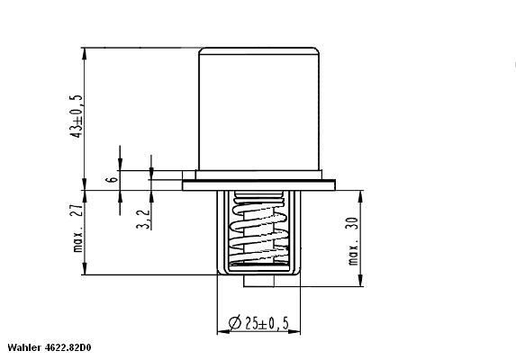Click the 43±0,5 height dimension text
click(79, 115)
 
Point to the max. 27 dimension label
click(79, 231)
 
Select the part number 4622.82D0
click(73, 347)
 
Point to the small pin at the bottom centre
click(258, 279)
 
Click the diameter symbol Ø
click(232, 322)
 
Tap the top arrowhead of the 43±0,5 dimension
click(84, 52)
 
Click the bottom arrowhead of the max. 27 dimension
click(84, 272)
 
